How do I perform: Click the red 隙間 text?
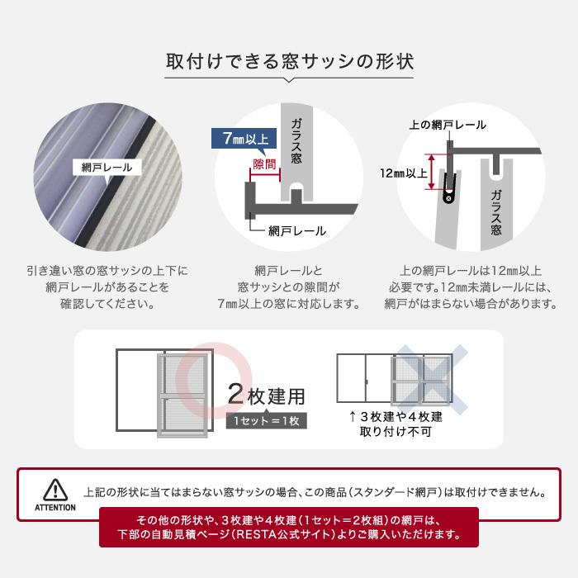[265, 166]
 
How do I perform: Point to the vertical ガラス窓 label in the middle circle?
[296, 145]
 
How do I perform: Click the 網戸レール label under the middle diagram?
[296, 231]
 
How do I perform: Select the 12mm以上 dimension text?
[404, 173]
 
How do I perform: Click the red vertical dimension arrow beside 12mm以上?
[429, 172]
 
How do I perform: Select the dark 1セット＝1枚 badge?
[266, 421]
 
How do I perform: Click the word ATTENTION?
[55, 508]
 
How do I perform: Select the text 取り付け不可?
[395, 431]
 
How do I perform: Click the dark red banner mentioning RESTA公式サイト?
[288, 528]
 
